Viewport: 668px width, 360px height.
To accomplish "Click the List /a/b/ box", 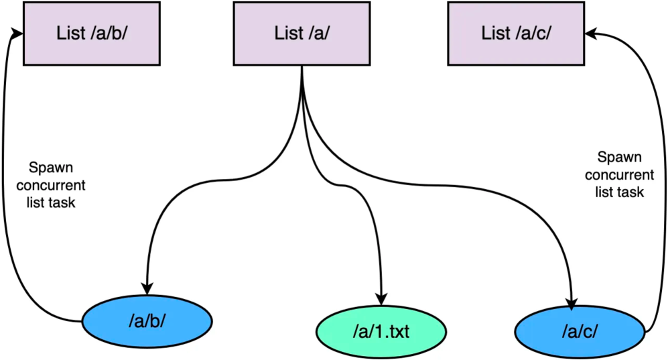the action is click(x=92, y=34).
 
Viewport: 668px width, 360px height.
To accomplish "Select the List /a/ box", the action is click(x=302, y=34).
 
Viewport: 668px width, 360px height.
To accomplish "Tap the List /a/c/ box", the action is click(x=516, y=34).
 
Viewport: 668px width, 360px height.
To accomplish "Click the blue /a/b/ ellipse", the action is click(x=147, y=321).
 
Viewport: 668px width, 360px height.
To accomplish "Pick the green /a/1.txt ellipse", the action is click(x=381, y=331).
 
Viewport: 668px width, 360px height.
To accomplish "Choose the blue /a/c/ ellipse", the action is click(x=580, y=331).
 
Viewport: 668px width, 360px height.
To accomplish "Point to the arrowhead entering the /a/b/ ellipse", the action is click(x=147, y=288).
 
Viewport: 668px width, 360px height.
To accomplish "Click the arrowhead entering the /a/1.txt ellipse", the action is click(x=381, y=298).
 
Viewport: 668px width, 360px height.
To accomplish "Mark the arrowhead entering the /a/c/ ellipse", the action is click(x=572, y=302).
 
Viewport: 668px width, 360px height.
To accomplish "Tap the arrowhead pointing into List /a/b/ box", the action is click(x=17, y=34).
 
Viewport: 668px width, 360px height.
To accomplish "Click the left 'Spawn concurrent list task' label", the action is click(x=51, y=185).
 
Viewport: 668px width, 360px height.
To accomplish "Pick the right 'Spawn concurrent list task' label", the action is click(x=619, y=174).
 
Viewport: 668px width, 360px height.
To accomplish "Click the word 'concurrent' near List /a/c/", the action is click(x=619, y=175).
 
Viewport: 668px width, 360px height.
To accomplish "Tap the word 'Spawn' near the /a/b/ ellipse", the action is click(x=51, y=168).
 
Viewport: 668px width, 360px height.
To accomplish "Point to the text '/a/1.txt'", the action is click(x=381, y=331).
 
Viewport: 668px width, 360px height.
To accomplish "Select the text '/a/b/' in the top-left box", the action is click(x=109, y=34).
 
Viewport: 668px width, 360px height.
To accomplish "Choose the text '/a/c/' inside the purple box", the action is click(x=534, y=34).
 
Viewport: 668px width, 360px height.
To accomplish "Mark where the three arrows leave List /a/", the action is click(x=302, y=66).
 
